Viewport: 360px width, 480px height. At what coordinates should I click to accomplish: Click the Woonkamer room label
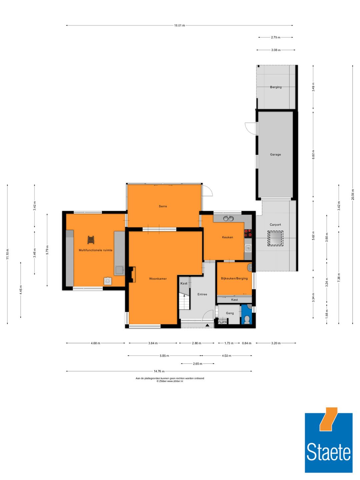158,279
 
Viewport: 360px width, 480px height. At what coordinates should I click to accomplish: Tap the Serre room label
163,206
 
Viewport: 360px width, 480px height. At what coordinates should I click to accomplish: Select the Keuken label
227,237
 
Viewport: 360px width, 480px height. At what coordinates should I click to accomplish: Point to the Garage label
275,155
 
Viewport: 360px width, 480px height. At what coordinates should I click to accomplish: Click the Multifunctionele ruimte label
95,250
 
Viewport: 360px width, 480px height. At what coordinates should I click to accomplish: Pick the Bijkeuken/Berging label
234,278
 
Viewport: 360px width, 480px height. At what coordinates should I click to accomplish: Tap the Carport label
275,225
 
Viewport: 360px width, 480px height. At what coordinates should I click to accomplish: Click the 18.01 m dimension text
179,25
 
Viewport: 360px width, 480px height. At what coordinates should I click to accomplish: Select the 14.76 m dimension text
159,371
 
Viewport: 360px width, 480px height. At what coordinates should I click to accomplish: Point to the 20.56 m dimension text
353,195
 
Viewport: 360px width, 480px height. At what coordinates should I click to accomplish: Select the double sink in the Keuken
228,219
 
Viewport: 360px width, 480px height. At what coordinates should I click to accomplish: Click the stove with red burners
248,233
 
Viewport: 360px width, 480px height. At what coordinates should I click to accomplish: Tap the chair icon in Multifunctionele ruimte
91,239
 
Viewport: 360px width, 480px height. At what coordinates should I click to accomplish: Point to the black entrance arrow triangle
207,325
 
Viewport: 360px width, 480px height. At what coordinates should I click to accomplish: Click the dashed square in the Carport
275,238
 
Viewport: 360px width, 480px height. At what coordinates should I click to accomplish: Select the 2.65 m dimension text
197,364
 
